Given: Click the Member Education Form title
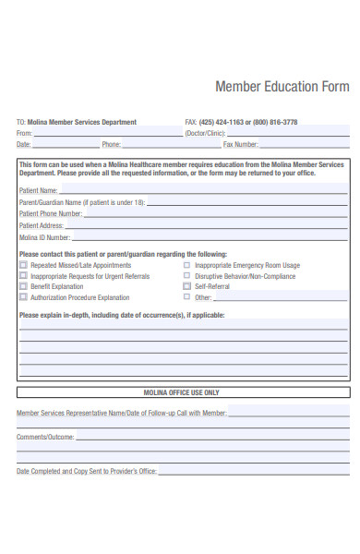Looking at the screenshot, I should point(282,87).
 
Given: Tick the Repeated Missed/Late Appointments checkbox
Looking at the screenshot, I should point(23,265).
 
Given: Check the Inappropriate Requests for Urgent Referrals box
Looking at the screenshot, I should point(23,276).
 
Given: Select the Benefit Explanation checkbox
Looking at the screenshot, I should point(23,286).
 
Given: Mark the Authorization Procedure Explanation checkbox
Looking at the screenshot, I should point(23,297).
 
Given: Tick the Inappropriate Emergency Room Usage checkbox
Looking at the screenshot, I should point(186,265).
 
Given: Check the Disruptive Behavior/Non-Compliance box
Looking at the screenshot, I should point(186,276).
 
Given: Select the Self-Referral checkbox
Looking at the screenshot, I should point(186,286).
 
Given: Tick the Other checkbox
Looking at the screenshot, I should point(186,297).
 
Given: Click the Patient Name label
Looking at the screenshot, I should point(39,191).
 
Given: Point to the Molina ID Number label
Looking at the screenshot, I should point(45,237).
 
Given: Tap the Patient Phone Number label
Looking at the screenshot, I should point(51,214).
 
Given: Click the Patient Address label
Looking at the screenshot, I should point(42,225).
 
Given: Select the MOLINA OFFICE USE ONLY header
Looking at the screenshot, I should point(182,392).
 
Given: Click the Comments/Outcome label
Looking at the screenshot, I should point(45,436).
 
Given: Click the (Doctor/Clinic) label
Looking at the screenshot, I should point(207,133).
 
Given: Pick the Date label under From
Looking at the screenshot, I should point(23,144).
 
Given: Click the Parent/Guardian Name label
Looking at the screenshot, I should point(82,202).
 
